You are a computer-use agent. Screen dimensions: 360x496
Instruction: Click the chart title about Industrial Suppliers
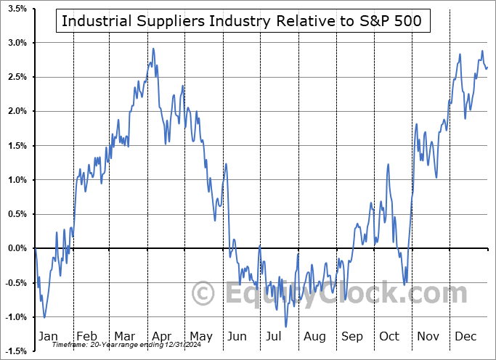pos(246,21)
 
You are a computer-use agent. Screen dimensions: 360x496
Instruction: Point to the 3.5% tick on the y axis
pos(17,9)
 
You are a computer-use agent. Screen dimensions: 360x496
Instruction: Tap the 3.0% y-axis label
pos(17,43)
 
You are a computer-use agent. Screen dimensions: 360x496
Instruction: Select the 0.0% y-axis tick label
pos(17,248)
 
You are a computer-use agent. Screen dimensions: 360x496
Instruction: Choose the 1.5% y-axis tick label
pos(17,146)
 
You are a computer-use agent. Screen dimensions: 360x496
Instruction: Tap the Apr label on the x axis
pos(162,337)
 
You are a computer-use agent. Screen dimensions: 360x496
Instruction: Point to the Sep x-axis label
pos(353,337)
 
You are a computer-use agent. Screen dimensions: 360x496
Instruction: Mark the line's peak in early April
pos(153,49)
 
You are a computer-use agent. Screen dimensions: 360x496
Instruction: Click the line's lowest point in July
pos(286,327)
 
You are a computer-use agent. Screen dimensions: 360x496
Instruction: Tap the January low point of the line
pos(44,317)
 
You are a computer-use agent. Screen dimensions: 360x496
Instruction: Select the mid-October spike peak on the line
pos(389,164)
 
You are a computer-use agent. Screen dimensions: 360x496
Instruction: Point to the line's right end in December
pos(487,68)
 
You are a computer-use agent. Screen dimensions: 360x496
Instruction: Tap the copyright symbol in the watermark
pos(203,293)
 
